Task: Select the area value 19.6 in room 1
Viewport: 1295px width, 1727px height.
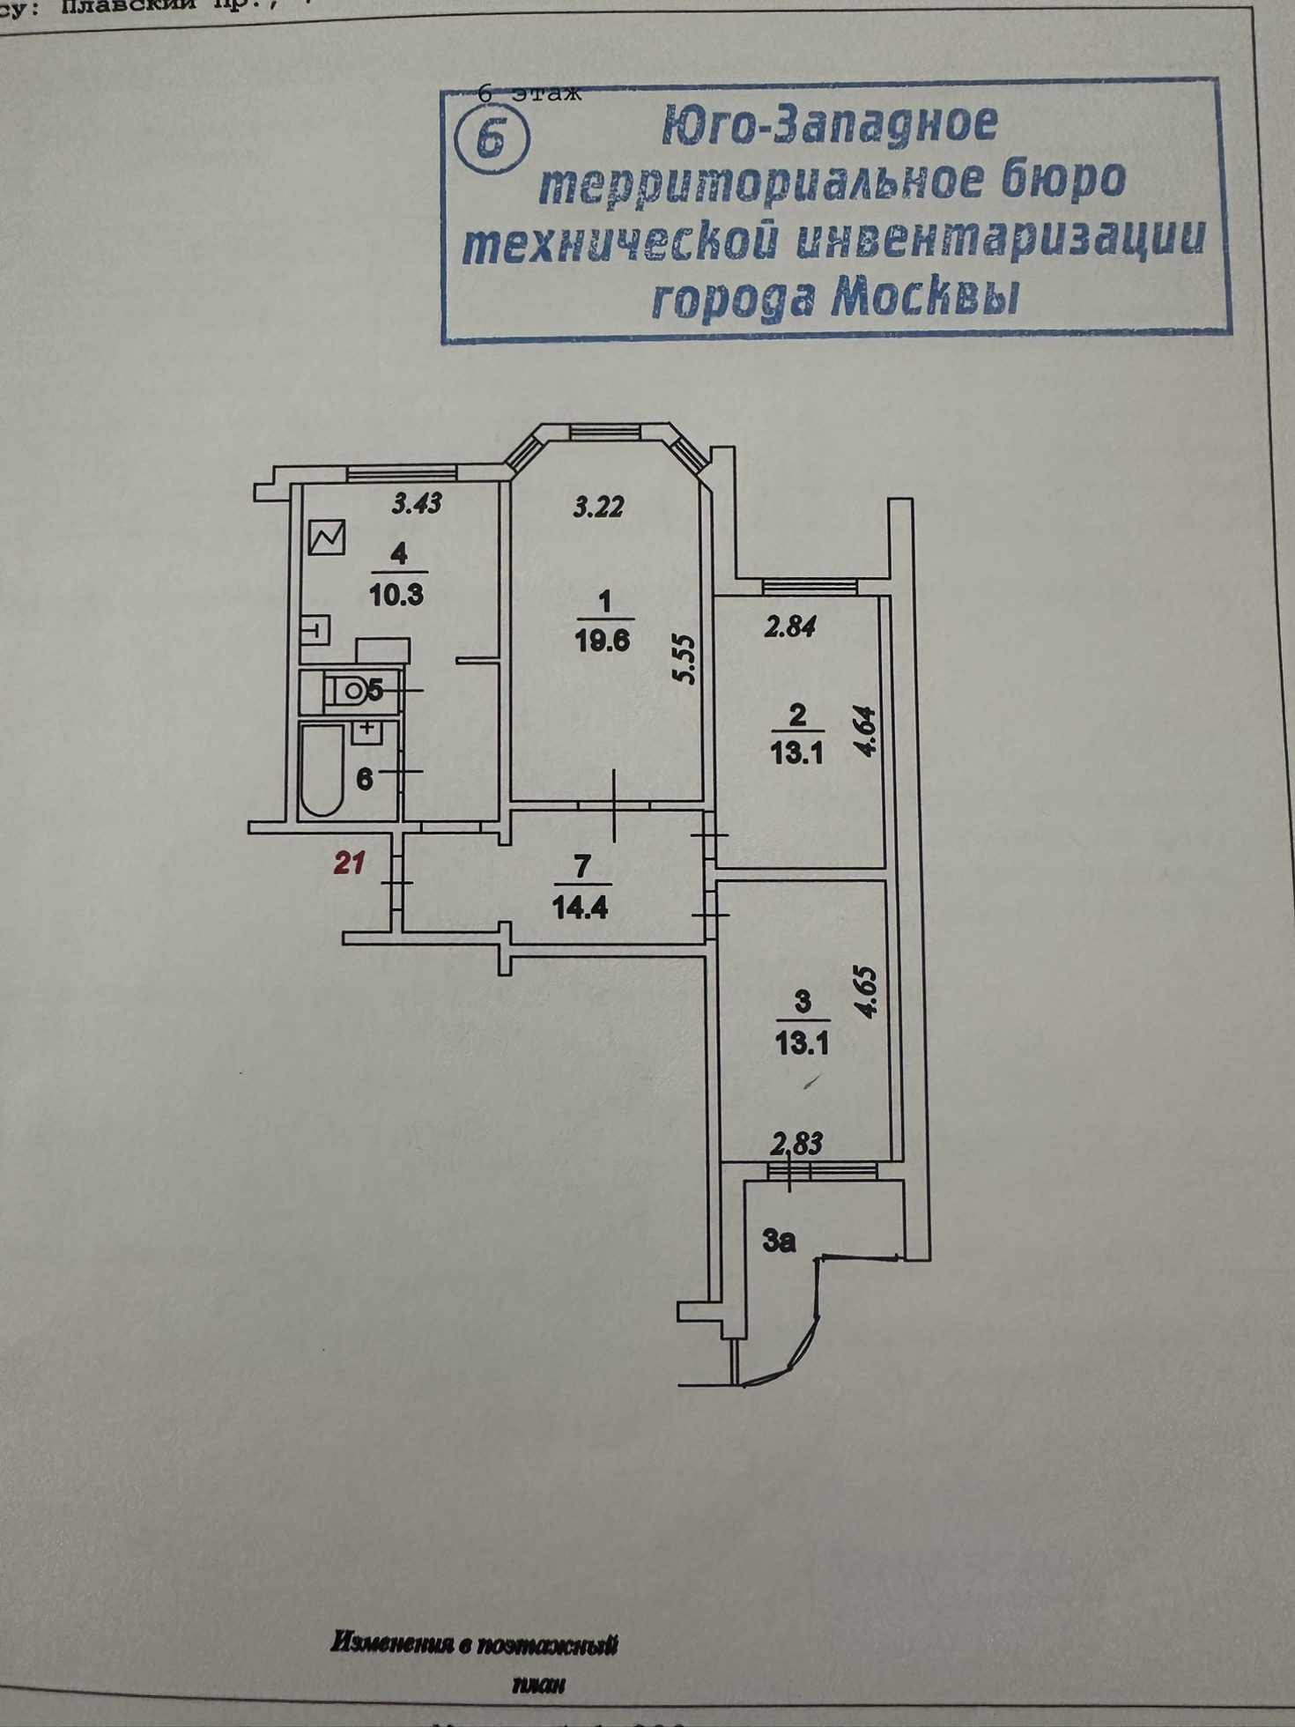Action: point(603,641)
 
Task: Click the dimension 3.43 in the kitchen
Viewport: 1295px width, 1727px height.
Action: point(417,504)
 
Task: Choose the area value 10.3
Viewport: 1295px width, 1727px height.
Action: point(396,595)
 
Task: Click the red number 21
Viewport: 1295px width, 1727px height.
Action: point(349,863)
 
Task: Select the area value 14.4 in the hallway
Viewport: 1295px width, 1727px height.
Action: point(580,908)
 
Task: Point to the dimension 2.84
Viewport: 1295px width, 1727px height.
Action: point(790,627)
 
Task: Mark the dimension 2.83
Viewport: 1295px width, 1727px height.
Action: point(796,1145)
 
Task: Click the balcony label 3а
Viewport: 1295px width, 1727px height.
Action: point(779,1241)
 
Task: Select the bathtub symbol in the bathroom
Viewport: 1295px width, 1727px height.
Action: point(322,771)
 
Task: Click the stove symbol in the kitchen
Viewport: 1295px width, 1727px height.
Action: point(327,537)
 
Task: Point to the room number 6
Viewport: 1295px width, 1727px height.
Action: point(365,779)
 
